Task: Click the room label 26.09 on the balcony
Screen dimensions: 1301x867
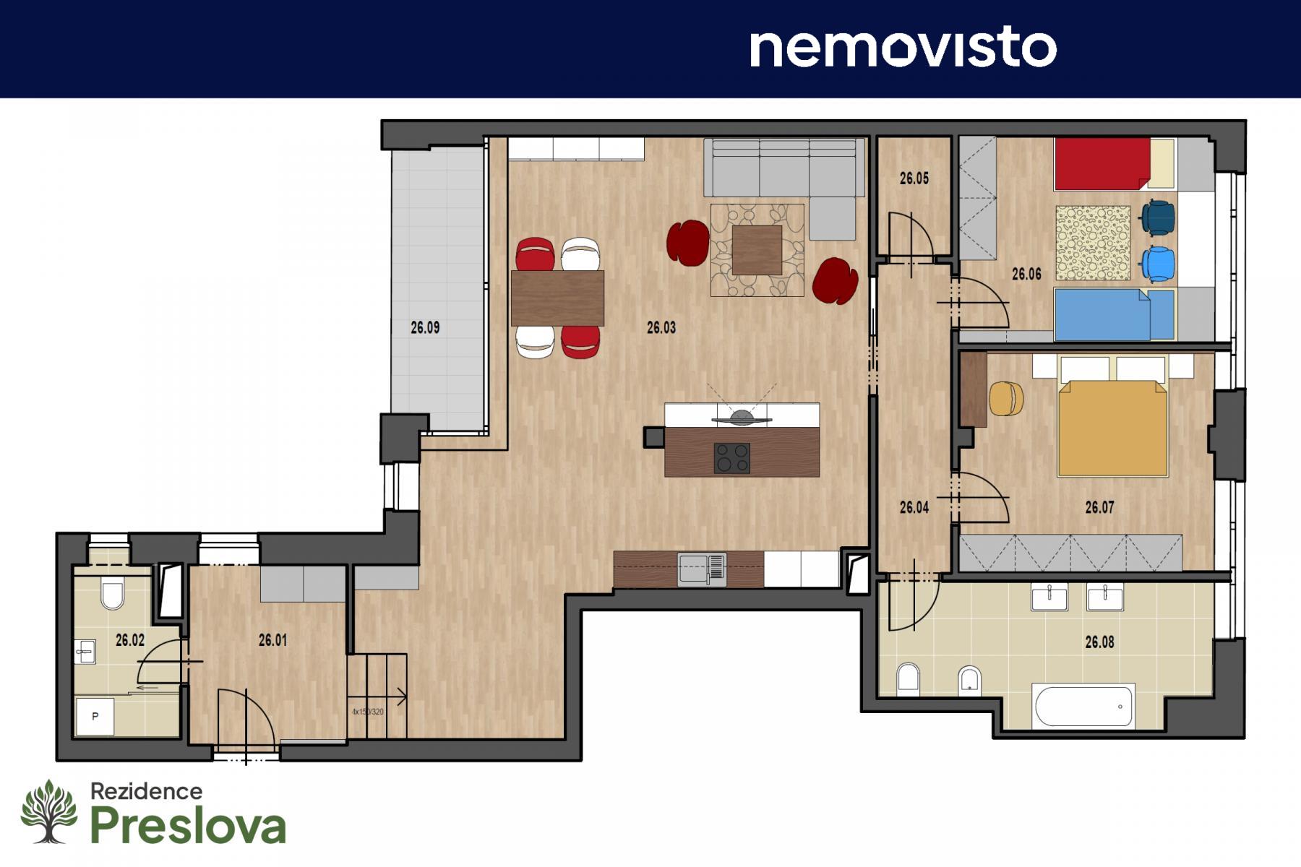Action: tap(425, 327)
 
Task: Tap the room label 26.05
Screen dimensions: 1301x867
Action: tap(914, 178)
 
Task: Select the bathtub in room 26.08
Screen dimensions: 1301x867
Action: tap(1084, 705)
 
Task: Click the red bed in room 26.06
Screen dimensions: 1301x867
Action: tap(1102, 164)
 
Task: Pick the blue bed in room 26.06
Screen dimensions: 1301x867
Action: tap(1102, 314)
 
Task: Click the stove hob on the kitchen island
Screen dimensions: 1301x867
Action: tap(731, 458)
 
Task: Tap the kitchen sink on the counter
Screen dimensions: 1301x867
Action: tap(701, 569)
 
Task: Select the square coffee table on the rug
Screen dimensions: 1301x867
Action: tap(757, 250)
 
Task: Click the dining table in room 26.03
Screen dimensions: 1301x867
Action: tap(557, 298)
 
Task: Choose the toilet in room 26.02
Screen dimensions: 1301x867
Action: tap(113, 594)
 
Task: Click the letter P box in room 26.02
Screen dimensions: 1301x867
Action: tap(95, 716)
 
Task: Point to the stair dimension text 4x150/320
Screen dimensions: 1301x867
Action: tap(368, 712)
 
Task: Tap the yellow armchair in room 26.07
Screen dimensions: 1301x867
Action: tap(1006, 399)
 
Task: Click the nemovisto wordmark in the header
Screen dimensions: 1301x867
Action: tap(903, 48)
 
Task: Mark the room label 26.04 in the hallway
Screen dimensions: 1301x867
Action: tap(914, 508)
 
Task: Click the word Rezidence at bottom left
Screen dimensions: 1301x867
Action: tap(146, 791)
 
